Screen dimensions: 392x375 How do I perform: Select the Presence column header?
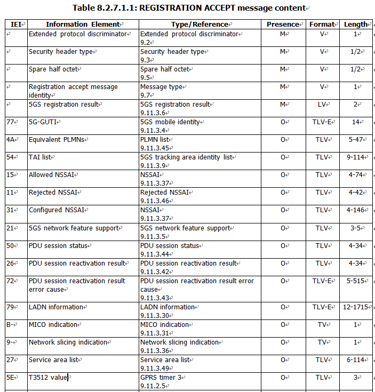click(x=283, y=24)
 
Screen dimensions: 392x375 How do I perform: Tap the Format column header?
click(x=322, y=24)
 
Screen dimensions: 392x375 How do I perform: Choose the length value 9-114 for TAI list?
click(x=356, y=157)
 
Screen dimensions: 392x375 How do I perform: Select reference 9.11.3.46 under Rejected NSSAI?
click(x=154, y=201)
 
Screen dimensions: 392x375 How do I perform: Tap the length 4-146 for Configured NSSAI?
click(x=356, y=210)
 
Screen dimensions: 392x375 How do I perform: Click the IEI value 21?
click(x=10, y=228)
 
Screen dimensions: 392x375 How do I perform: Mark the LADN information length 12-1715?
click(x=356, y=307)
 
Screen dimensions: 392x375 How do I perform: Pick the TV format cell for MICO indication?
click(x=322, y=325)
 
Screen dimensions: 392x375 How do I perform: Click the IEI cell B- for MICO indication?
click(x=10, y=325)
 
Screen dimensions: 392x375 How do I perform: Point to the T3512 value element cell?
click(x=48, y=378)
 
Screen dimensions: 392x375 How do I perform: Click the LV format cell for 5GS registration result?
click(x=322, y=105)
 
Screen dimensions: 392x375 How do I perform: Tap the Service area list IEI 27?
click(x=10, y=360)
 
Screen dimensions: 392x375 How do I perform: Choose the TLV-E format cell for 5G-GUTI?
click(x=322, y=122)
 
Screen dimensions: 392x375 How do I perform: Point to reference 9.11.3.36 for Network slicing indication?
click(x=154, y=350)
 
